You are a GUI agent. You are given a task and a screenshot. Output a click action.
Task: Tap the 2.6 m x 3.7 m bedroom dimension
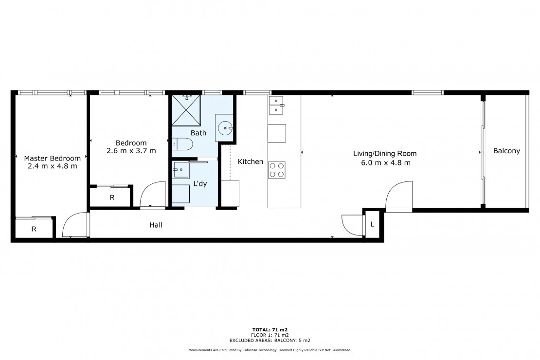point(131,150)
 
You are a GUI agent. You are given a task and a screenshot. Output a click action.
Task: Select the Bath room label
point(198,133)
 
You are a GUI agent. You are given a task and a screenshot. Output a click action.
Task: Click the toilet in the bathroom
point(182,144)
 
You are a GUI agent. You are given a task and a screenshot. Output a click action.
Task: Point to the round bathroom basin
point(225,128)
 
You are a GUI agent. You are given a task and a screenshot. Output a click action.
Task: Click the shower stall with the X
point(186,110)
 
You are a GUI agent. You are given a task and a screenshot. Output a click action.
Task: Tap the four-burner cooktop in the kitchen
point(277,170)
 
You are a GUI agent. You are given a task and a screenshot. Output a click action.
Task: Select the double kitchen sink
point(276,105)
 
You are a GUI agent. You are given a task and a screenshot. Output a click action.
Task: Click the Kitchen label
point(251,161)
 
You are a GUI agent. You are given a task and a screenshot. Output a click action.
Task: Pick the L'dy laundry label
point(200,183)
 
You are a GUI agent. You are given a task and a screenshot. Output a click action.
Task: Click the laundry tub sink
point(181,169)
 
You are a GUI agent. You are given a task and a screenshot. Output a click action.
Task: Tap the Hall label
point(156,225)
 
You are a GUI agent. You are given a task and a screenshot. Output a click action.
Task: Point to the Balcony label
point(506,151)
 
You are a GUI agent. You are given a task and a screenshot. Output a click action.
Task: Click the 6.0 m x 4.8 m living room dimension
point(386,162)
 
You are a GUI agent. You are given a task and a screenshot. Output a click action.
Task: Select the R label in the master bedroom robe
point(34,229)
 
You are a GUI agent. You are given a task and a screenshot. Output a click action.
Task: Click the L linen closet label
point(372,224)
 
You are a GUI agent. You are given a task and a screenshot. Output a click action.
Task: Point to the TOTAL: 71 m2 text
point(270,330)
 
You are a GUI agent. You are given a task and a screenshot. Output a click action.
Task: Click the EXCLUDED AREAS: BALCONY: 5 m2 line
point(270,341)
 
